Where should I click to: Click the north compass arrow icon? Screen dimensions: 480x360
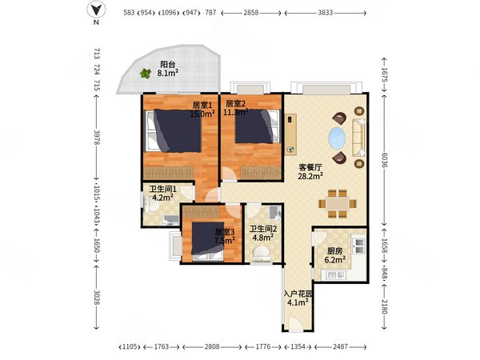[96, 10]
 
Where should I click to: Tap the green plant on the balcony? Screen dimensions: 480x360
[146, 73]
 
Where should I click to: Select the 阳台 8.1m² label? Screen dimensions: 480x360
[168, 69]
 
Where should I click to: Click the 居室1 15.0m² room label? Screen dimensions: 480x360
[202, 110]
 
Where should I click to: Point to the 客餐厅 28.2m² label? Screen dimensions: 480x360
[310, 172]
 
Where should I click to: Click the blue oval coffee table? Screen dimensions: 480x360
[337, 138]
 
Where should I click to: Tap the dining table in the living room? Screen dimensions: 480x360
[338, 203]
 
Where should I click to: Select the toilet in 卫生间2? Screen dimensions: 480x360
[261, 254]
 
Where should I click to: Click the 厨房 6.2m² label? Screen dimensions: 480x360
[335, 256]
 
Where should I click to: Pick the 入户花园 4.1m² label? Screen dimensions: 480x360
[298, 298]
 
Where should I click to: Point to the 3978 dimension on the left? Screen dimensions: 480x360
[97, 138]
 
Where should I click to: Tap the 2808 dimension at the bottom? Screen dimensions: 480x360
[212, 347]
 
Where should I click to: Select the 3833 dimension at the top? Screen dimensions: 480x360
[325, 13]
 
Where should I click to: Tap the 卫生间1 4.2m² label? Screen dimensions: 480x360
[163, 193]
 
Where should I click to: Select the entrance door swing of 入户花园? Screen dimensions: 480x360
[296, 323]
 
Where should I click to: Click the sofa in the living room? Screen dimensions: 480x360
[358, 138]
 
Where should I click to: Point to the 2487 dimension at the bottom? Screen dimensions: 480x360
[341, 347]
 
